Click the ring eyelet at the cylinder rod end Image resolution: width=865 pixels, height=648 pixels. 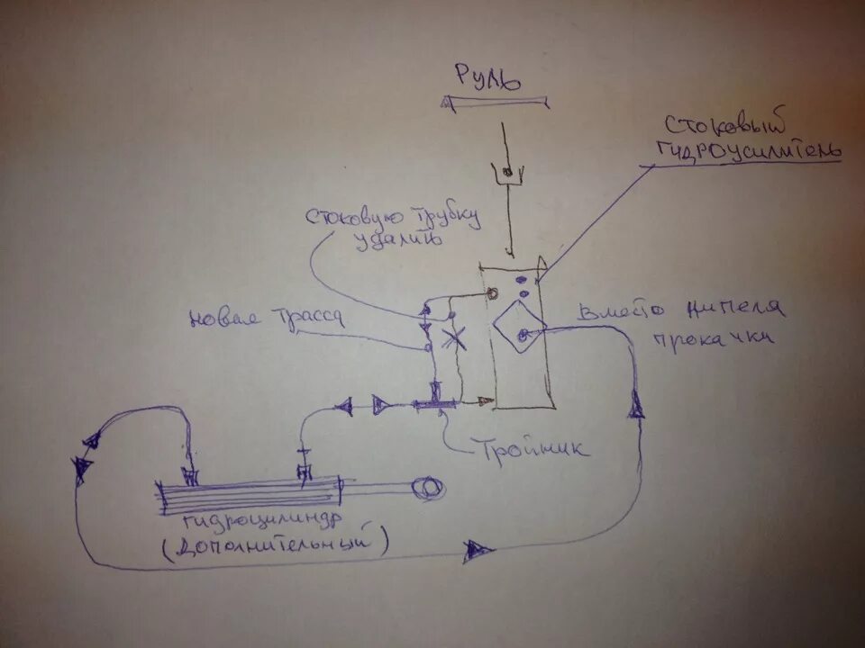[425, 489]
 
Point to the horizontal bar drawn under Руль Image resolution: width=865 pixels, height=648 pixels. [495, 103]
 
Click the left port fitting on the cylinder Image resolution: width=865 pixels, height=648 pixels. [190, 474]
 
